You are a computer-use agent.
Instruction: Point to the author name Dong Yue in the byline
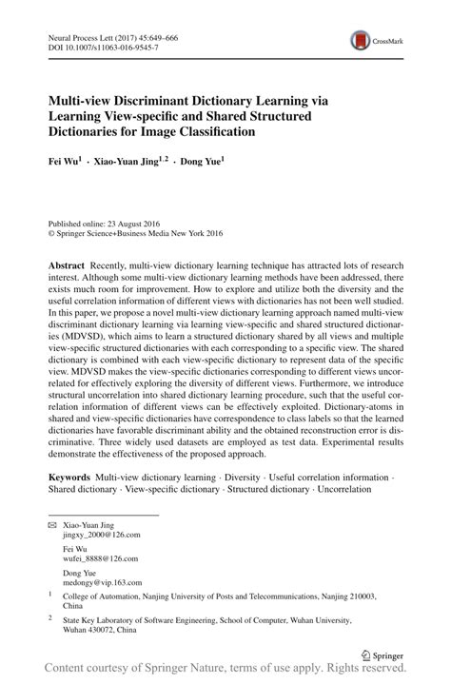203,161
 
